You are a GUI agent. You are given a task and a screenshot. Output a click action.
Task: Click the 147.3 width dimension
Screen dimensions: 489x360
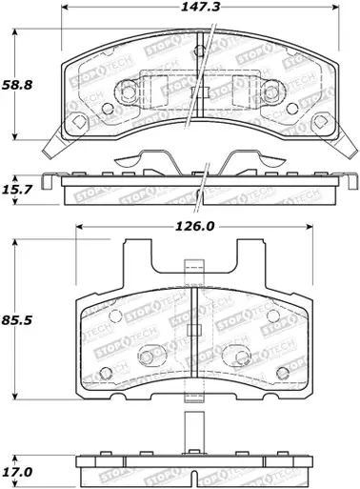(196, 11)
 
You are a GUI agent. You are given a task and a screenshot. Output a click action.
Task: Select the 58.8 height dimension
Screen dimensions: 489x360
(25, 85)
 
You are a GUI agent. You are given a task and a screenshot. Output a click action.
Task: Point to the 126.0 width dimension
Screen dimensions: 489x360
(194, 227)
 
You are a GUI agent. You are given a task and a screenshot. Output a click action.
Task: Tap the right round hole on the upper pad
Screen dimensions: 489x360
(270, 92)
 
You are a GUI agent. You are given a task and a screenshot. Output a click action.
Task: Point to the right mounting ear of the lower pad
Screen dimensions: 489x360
(250, 268)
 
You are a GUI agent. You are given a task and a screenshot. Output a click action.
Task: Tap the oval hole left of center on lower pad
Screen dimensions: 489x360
(149, 357)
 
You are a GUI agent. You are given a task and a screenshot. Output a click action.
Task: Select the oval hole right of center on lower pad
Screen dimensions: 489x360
(235, 357)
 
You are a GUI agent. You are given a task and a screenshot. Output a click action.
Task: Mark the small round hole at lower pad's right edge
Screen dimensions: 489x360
(283, 373)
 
